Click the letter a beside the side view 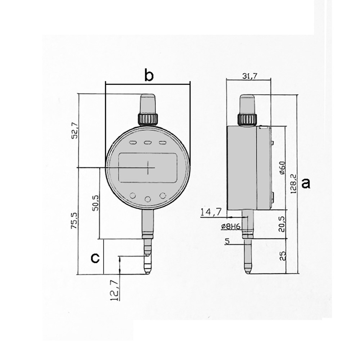point(306,184)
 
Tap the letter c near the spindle point(95,258)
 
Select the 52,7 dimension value point(75,131)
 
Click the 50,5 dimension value point(95,203)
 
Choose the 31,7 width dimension point(250,76)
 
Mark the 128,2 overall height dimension point(293,184)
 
